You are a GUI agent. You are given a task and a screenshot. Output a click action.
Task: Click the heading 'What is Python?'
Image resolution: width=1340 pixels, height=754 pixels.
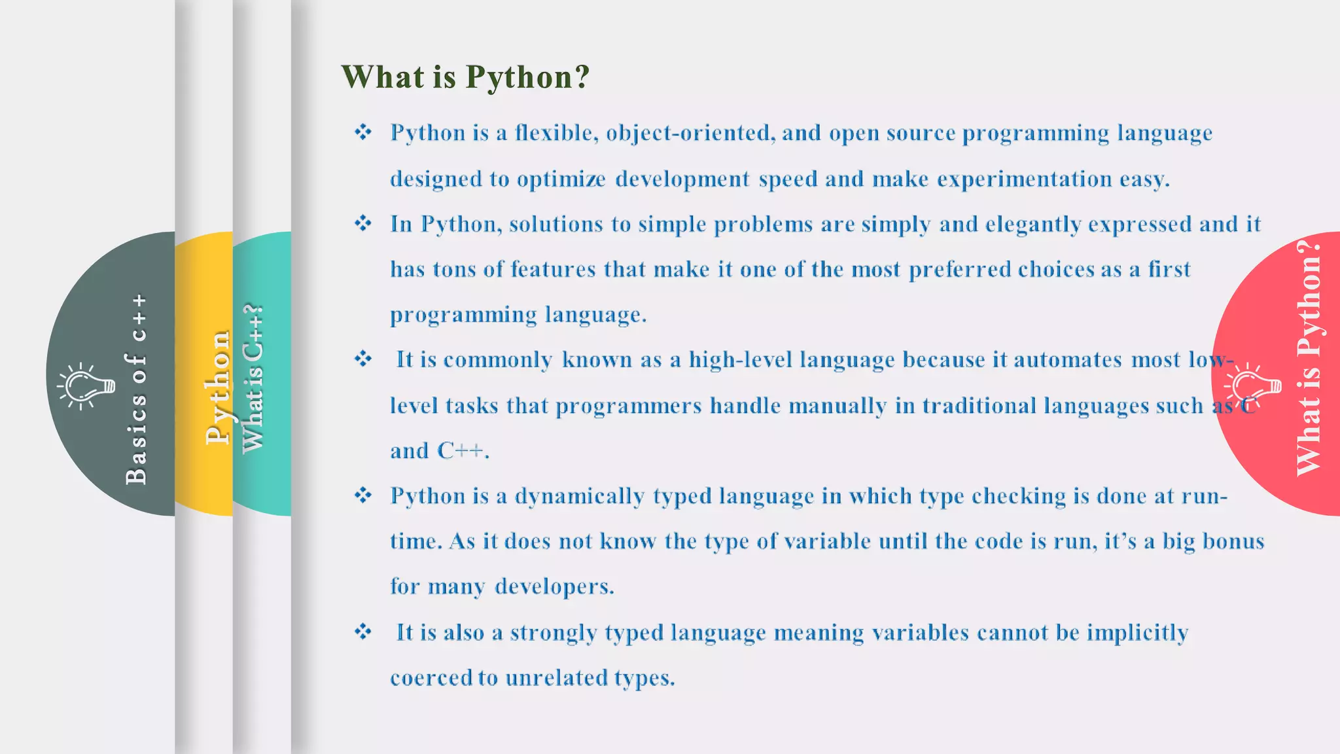465,77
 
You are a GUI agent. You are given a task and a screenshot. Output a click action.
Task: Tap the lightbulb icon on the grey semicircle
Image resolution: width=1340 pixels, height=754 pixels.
85,386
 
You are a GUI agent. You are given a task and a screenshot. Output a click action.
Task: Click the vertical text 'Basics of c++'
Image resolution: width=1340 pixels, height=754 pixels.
136,389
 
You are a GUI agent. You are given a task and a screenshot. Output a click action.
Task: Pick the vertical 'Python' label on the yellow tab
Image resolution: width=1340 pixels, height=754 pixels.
217,387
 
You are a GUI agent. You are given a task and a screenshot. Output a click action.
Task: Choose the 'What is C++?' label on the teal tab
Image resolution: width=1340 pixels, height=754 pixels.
253,378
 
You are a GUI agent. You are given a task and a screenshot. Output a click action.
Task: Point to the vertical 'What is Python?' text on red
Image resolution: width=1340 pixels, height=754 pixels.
1309,358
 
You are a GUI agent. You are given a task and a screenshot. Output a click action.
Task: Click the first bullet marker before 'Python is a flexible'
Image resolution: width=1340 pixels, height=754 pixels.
363,133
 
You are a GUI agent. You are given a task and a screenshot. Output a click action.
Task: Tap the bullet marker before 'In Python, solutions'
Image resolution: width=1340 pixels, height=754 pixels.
363,224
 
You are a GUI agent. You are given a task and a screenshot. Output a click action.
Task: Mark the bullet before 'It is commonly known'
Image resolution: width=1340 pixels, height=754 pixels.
363,359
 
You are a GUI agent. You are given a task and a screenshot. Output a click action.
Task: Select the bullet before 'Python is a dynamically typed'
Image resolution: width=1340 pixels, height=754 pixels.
363,495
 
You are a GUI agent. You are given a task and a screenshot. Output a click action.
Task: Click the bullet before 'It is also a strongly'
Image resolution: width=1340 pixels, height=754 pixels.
363,632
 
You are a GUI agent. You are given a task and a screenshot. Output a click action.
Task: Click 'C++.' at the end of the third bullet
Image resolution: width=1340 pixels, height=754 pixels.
463,451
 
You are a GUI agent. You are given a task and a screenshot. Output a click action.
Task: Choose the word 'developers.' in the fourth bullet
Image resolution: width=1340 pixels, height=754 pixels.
554,586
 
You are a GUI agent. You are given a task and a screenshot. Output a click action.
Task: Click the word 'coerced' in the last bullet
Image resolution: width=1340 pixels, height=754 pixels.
431,677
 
